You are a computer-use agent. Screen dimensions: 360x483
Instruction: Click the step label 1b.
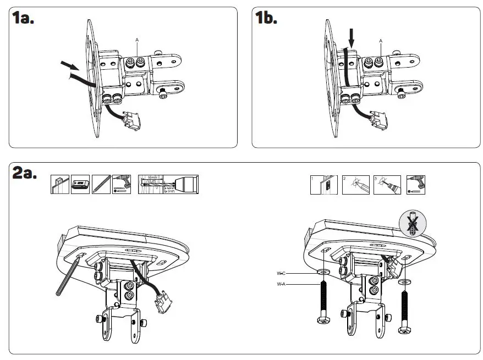point(267,18)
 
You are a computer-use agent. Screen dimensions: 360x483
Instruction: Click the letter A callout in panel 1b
point(380,40)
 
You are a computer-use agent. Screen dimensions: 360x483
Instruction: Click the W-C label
point(281,273)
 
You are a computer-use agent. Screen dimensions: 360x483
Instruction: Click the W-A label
point(281,284)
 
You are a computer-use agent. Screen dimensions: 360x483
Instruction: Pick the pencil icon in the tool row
point(101,184)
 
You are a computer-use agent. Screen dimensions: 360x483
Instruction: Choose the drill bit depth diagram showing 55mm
point(168,184)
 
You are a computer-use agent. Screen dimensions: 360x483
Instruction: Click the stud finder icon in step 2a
point(80,184)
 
